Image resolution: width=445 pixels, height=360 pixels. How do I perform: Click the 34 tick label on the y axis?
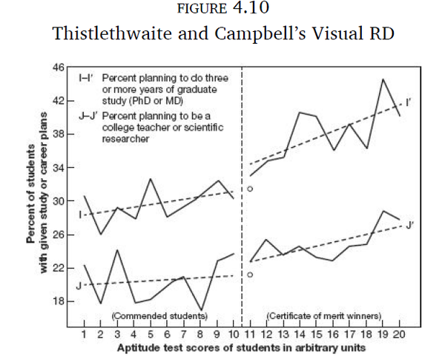pyautogui.click(x=59, y=168)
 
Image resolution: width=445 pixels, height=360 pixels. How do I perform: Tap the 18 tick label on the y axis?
pyautogui.click(x=59, y=301)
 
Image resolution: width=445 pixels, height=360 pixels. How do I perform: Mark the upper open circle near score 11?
pyautogui.click(x=250, y=190)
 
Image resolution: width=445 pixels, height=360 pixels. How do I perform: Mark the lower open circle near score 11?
pyautogui.click(x=250, y=275)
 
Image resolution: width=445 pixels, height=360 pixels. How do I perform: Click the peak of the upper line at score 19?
pyautogui.click(x=384, y=79)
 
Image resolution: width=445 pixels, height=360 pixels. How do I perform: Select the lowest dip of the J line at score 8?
pyautogui.click(x=200, y=310)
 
